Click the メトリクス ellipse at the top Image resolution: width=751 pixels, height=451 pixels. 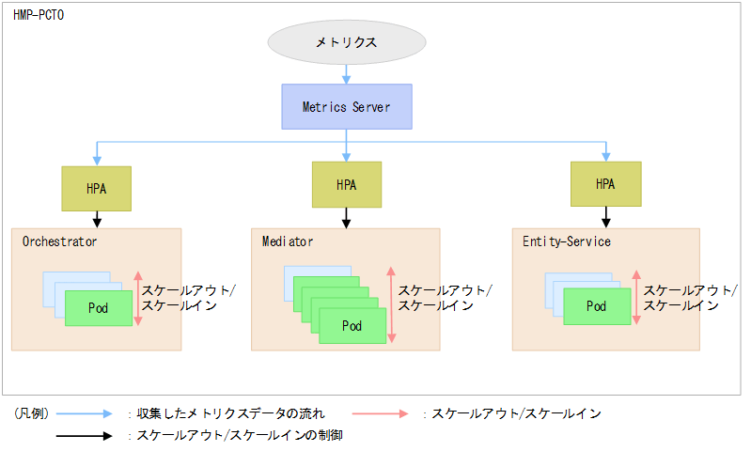347,43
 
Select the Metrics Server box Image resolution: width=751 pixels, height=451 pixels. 347,107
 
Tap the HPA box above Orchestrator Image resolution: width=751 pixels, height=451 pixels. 97,188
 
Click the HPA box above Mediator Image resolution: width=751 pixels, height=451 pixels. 347,184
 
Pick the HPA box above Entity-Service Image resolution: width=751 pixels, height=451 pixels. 605,184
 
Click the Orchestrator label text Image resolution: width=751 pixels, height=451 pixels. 59,242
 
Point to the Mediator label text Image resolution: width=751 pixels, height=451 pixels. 288,242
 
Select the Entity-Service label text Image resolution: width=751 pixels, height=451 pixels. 567,242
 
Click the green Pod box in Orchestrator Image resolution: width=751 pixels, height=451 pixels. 99,308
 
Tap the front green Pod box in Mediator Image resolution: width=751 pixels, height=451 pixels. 352,326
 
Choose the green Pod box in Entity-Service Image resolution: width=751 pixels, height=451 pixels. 597,306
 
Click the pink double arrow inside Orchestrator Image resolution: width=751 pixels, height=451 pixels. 137,298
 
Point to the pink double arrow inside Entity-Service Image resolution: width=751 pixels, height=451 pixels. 636,298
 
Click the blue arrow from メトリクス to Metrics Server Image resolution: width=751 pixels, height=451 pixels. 347,73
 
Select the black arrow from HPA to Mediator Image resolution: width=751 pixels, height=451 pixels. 347,217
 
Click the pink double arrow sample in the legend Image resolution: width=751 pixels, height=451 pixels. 382,413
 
